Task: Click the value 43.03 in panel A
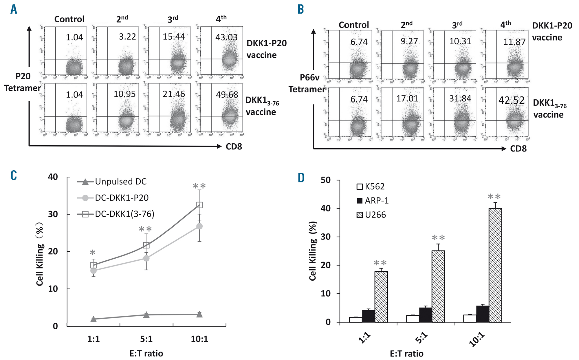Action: point(226,37)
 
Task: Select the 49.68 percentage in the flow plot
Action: point(227,95)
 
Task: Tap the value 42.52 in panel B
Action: point(511,100)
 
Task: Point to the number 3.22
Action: point(127,37)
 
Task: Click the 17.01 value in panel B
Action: point(407,99)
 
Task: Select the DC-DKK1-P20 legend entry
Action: point(122,198)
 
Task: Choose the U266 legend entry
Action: point(375,215)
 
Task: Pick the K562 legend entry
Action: point(375,187)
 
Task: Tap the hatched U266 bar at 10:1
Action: point(495,265)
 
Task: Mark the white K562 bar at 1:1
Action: point(356,319)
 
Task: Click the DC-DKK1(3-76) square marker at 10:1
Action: point(199,205)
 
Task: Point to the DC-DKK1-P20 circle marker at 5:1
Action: point(146,258)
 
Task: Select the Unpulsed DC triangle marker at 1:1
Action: point(94,319)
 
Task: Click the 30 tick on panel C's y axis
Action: point(53,214)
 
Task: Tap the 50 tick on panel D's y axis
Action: point(326,180)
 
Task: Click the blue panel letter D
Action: point(301,178)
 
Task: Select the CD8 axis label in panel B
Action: point(518,149)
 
